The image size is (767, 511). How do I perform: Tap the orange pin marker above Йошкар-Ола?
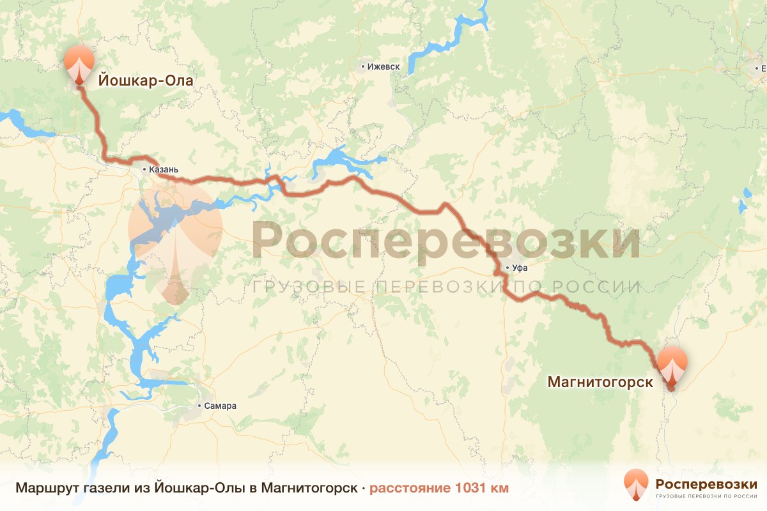79,63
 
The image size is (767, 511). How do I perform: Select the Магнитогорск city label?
600,382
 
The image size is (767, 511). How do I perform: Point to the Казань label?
163,170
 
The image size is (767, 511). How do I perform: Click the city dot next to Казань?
144,169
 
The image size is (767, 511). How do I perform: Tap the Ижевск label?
383,66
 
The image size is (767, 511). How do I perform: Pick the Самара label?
221,406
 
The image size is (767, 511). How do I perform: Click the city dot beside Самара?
199,406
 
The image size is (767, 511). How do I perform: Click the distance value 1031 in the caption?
470,489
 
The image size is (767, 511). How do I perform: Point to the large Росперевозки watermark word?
445,241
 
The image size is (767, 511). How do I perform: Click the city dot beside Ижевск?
363,66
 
